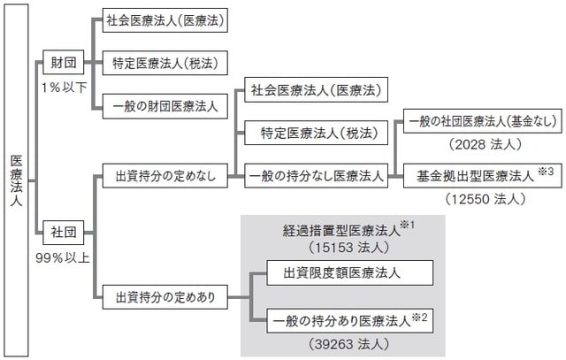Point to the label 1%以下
pyautogui.click(x=62, y=88)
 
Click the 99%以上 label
pyautogui.click(x=62, y=260)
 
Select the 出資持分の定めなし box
pyautogui.click(x=159, y=176)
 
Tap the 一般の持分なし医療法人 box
pyautogui.click(x=315, y=176)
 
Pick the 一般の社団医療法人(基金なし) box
pyautogui.click(x=476, y=122)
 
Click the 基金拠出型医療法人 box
pyautogui.click(x=476, y=176)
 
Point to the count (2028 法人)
pyautogui.click(x=476, y=144)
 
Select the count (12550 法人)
pyautogui.click(x=476, y=199)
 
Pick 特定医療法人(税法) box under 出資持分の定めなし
pyautogui.click(x=313, y=134)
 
